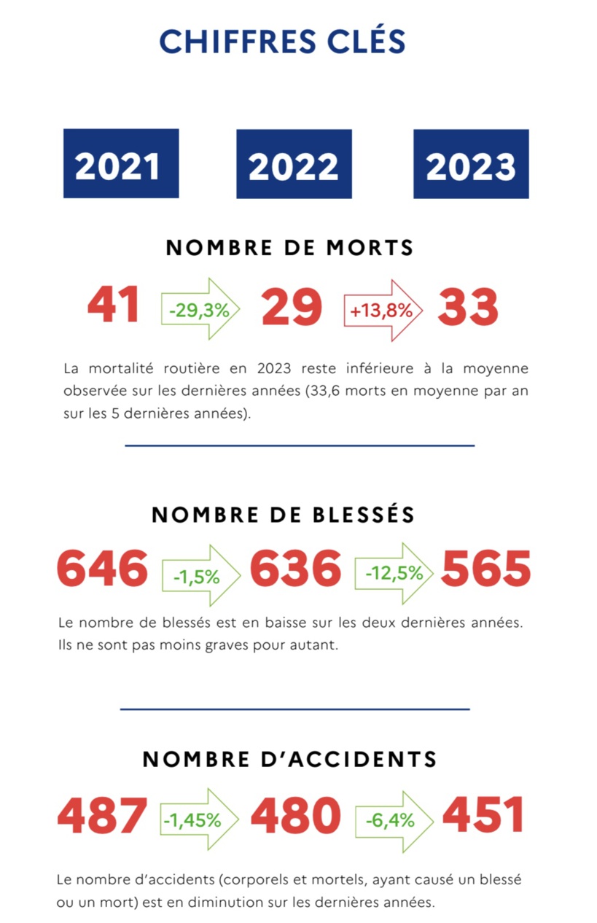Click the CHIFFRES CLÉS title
(x=282, y=42)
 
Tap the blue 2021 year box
(x=121, y=164)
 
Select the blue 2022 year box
(x=294, y=164)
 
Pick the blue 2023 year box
(x=471, y=164)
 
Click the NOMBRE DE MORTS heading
(x=289, y=248)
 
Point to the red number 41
(x=113, y=306)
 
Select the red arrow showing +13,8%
(x=383, y=310)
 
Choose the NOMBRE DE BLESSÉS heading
(x=283, y=515)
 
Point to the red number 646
(x=102, y=569)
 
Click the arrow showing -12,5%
(x=395, y=573)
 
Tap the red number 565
(x=486, y=569)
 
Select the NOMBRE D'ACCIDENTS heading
(x=289, y=759)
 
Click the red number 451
(x=483, y=815)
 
